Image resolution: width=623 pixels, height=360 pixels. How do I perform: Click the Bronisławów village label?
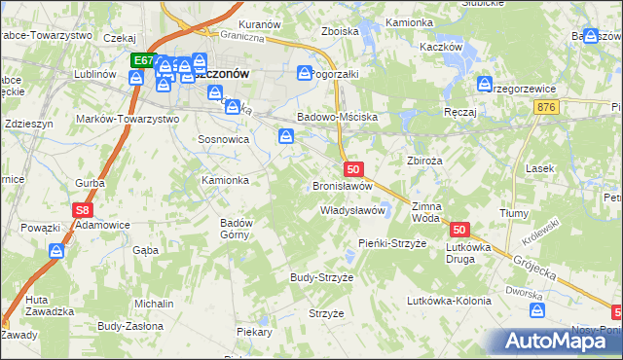[342, 186]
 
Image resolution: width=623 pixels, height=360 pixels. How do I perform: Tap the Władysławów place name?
[354, 210]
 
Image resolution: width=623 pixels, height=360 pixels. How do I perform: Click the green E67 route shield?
[143, 60]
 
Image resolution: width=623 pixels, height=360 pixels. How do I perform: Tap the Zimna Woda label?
[426, 212]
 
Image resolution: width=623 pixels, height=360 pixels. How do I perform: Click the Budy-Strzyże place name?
[321, 277]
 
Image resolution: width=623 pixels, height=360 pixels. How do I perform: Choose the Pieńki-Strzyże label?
[392, 243]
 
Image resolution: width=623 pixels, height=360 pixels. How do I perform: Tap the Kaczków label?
[438, 47]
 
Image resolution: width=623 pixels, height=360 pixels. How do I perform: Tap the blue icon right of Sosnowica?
[287, 137]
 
